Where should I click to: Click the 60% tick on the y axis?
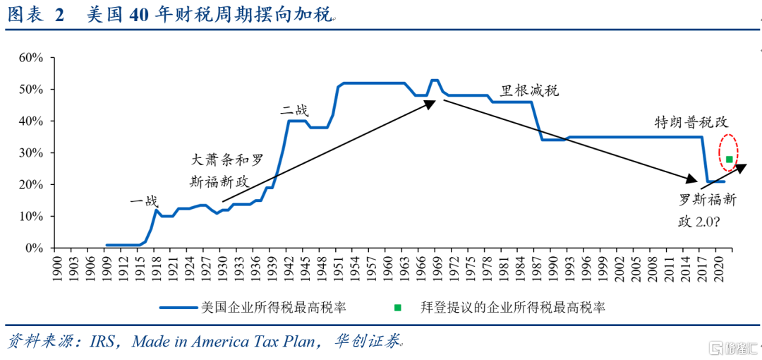(x=31, y=58)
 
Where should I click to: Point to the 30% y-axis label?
(x=31, y=153)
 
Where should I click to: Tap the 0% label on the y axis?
(x=34, y=248)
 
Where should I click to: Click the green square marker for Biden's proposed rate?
(x=729, y=160)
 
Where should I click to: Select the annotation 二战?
(x=294, y=110)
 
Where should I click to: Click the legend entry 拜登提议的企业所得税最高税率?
(x=512, y=307)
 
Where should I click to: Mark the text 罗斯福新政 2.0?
(x=707, y=210)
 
